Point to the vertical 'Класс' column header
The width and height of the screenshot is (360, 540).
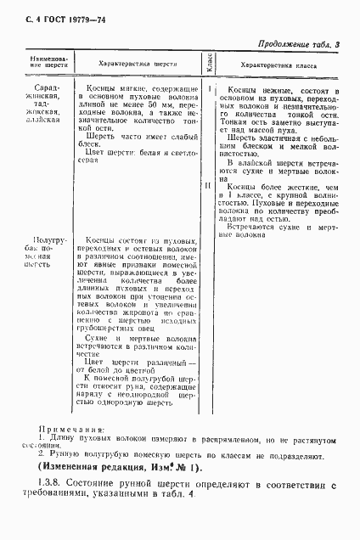pyautogui.click(x=207, y=63)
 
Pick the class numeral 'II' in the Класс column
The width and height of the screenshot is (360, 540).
pyautogui.click(x=207, y=184)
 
